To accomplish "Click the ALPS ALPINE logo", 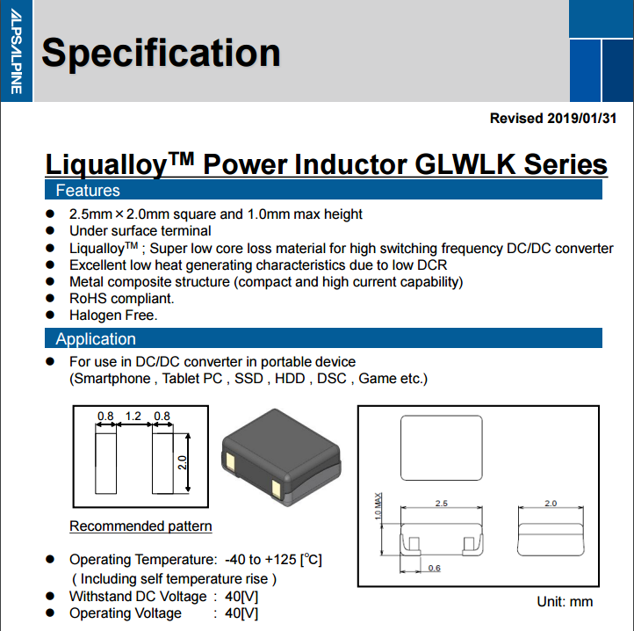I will coord(16,52).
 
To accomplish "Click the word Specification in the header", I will coord(161,53).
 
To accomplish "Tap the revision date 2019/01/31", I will coord(581,118).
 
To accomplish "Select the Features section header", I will coord(88,190).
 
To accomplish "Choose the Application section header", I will coord(96,339).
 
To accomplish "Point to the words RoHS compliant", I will coord(114,298).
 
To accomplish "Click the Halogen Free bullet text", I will coord(113,315).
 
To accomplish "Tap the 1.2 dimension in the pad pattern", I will coord(133,417).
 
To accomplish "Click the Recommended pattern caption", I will coord(140,526).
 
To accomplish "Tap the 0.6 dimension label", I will coord(434,568).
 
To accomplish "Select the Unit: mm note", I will coord(565,602).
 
